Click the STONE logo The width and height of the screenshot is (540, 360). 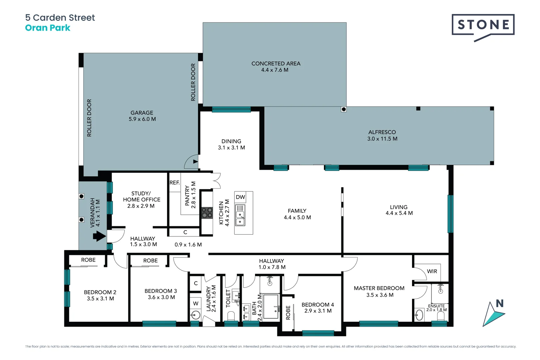click(x=483, y=25)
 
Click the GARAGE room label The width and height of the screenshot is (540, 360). click(x=142, y=113)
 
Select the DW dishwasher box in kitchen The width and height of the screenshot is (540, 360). click(x=240, y=197)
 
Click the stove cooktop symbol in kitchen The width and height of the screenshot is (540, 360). click(x=207, y=213)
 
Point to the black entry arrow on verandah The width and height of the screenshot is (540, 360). click(x=99, y=236)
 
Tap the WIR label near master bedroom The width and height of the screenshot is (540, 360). click(x=432, y=271)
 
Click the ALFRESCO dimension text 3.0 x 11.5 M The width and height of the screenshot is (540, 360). click(x=382, y=139)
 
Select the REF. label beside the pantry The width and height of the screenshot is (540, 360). click(x=175, y=183)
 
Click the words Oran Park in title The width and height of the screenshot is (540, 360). click(x=48, y=28)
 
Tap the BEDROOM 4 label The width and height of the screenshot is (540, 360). click(x=318, y=305)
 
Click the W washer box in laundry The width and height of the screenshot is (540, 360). click(x=196, y=303)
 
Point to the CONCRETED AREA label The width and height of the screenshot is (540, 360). click(x=276, y=63)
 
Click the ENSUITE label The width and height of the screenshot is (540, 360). click(x=436, y=306)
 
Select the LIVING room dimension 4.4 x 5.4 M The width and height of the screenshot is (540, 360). click(x=399, y=213)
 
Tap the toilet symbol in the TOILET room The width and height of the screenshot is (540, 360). click(x=231, y=315)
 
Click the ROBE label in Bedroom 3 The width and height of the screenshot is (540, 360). click(x=150, y=261)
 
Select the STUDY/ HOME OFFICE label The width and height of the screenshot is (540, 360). click(x=142, y=196)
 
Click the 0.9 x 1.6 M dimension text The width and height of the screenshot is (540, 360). click(x=188, y=245)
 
